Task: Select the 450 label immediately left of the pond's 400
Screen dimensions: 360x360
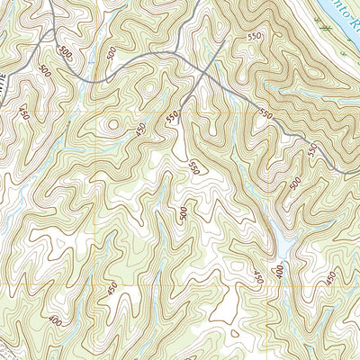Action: tap(258, 275)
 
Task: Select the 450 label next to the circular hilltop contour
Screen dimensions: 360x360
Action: tap(139, 129)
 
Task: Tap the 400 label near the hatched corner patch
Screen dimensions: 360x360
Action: tap(58, 319)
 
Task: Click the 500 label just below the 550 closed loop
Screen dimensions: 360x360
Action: tap(183, 214)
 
